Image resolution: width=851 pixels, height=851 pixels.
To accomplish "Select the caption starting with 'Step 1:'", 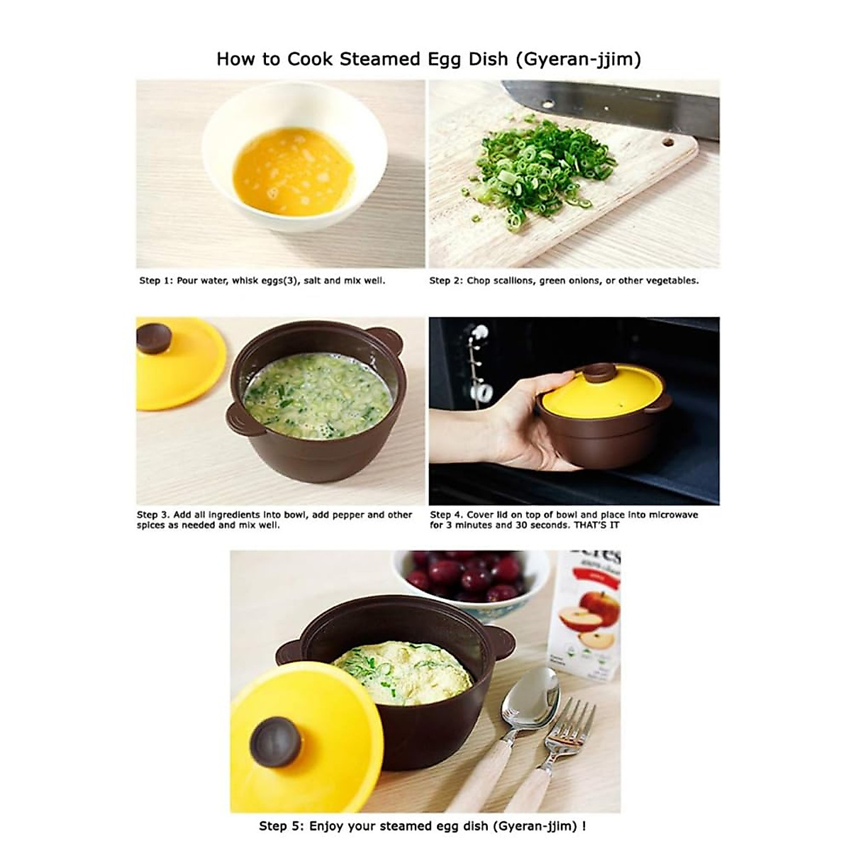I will (x=262, y=281).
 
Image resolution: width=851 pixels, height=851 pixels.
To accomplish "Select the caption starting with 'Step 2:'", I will (x=564, y=281).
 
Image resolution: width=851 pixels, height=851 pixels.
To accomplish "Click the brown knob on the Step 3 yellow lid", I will (x=154, y=338).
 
